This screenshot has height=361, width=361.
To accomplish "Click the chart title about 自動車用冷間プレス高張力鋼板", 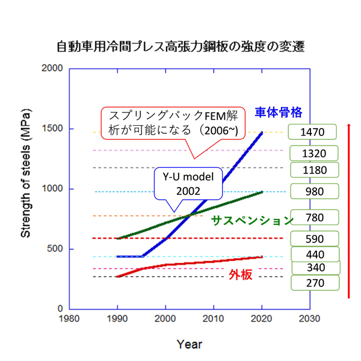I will pos(180,46).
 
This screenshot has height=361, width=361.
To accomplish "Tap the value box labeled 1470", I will pos(315,131).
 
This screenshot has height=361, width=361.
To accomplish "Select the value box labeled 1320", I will pos(315,153).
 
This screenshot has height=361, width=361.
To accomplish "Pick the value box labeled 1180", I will pos(315,170).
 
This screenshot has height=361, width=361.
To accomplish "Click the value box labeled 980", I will pos(315,192).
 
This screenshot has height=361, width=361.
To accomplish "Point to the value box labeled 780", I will pos(315,217).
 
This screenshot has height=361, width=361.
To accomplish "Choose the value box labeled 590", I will pos(315,238).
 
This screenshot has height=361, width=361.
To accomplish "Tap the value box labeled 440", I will pos(315,255).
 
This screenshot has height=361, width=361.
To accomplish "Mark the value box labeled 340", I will pos(315,268).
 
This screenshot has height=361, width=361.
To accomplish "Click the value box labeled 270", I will pos(315,283).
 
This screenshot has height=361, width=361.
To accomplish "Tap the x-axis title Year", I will pos(189,344).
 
